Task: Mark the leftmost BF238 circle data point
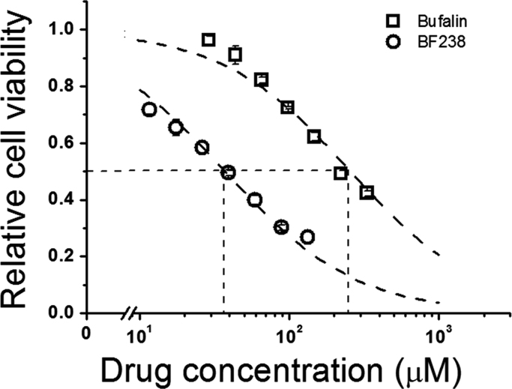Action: coord(149,109)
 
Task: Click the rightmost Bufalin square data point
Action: coord(367,192)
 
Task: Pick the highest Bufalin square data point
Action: coord(208,40)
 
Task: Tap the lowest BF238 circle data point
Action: coord(307,237)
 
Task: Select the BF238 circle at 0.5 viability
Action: coord(229,172)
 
